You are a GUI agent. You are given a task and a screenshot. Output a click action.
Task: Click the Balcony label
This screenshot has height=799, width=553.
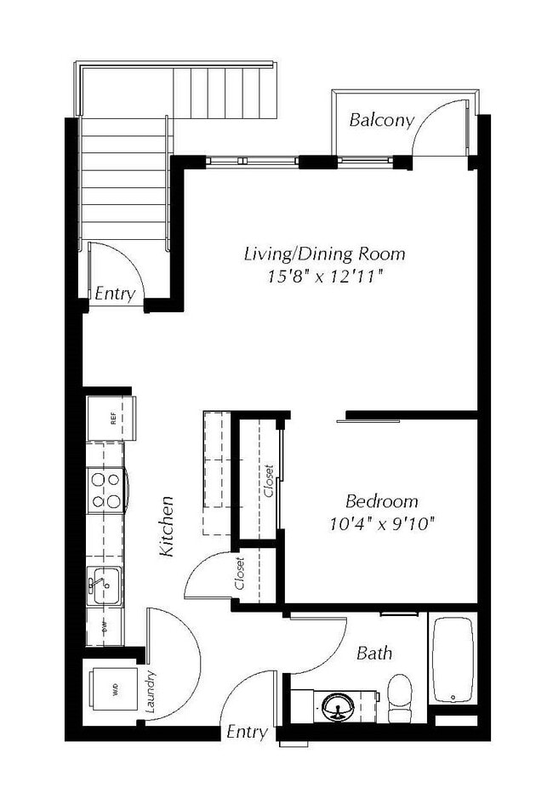[x=381, y=120]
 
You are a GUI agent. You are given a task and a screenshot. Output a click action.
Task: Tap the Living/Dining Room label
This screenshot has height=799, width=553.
[x=324, y=254]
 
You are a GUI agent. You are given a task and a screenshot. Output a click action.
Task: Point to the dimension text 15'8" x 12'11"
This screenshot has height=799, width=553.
[x=324, y=277]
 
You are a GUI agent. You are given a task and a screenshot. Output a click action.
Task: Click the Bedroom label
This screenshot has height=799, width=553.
[x=381, y=500]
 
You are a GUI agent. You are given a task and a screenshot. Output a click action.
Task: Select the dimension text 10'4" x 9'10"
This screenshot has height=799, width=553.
[x=381, y=522]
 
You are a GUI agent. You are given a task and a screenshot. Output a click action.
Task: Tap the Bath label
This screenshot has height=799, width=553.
[x=374, y=653]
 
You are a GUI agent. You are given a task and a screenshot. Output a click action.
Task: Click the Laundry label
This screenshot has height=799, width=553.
[x=151, y=691]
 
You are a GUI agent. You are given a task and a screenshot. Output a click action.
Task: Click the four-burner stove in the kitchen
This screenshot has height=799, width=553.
[x=105, y=490]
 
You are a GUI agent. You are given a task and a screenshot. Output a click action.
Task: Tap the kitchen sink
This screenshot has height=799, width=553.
[x=104, y=586]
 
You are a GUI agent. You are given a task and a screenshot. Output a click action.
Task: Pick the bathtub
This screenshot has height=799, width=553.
[x=452, y=660]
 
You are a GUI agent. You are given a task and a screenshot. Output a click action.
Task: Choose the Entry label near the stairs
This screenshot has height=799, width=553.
[x=115, y=294]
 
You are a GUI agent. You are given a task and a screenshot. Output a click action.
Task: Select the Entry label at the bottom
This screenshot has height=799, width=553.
[x=247, y=732]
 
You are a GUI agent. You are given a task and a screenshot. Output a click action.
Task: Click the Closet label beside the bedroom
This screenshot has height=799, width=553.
[x=270, y=482]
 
